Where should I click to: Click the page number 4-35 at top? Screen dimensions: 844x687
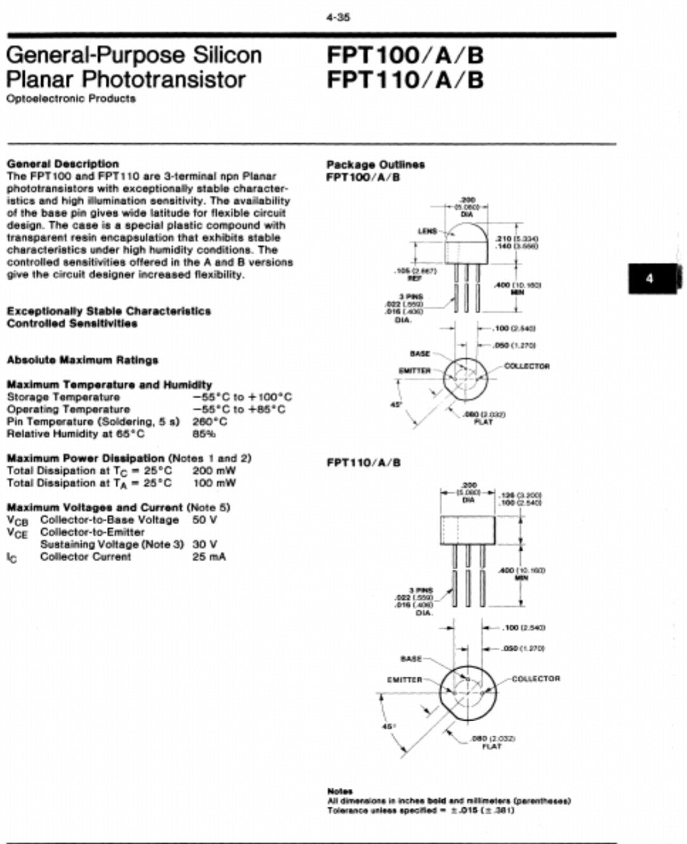point(338,18)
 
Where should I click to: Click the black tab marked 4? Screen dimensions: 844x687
point(651,279)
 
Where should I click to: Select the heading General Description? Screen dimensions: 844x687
point(63,164)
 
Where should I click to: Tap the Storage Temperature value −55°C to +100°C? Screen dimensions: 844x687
point(242,398)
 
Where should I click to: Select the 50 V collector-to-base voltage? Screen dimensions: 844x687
point(204,520)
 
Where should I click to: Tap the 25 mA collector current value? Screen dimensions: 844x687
point(209,557)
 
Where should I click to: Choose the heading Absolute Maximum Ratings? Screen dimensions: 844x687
point(82,360)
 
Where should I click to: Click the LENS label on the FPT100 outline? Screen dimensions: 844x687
point(427,231)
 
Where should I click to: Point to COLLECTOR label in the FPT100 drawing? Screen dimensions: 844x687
point(527,367)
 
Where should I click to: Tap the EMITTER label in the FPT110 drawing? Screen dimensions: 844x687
point(404,680)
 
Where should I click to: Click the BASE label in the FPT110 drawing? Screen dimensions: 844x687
point(411,659)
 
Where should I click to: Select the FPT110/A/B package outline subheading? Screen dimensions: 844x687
point(364,463)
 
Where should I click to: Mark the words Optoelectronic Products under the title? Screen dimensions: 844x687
point(71,99)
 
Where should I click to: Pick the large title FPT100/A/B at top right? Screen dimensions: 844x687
point(405,56)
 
